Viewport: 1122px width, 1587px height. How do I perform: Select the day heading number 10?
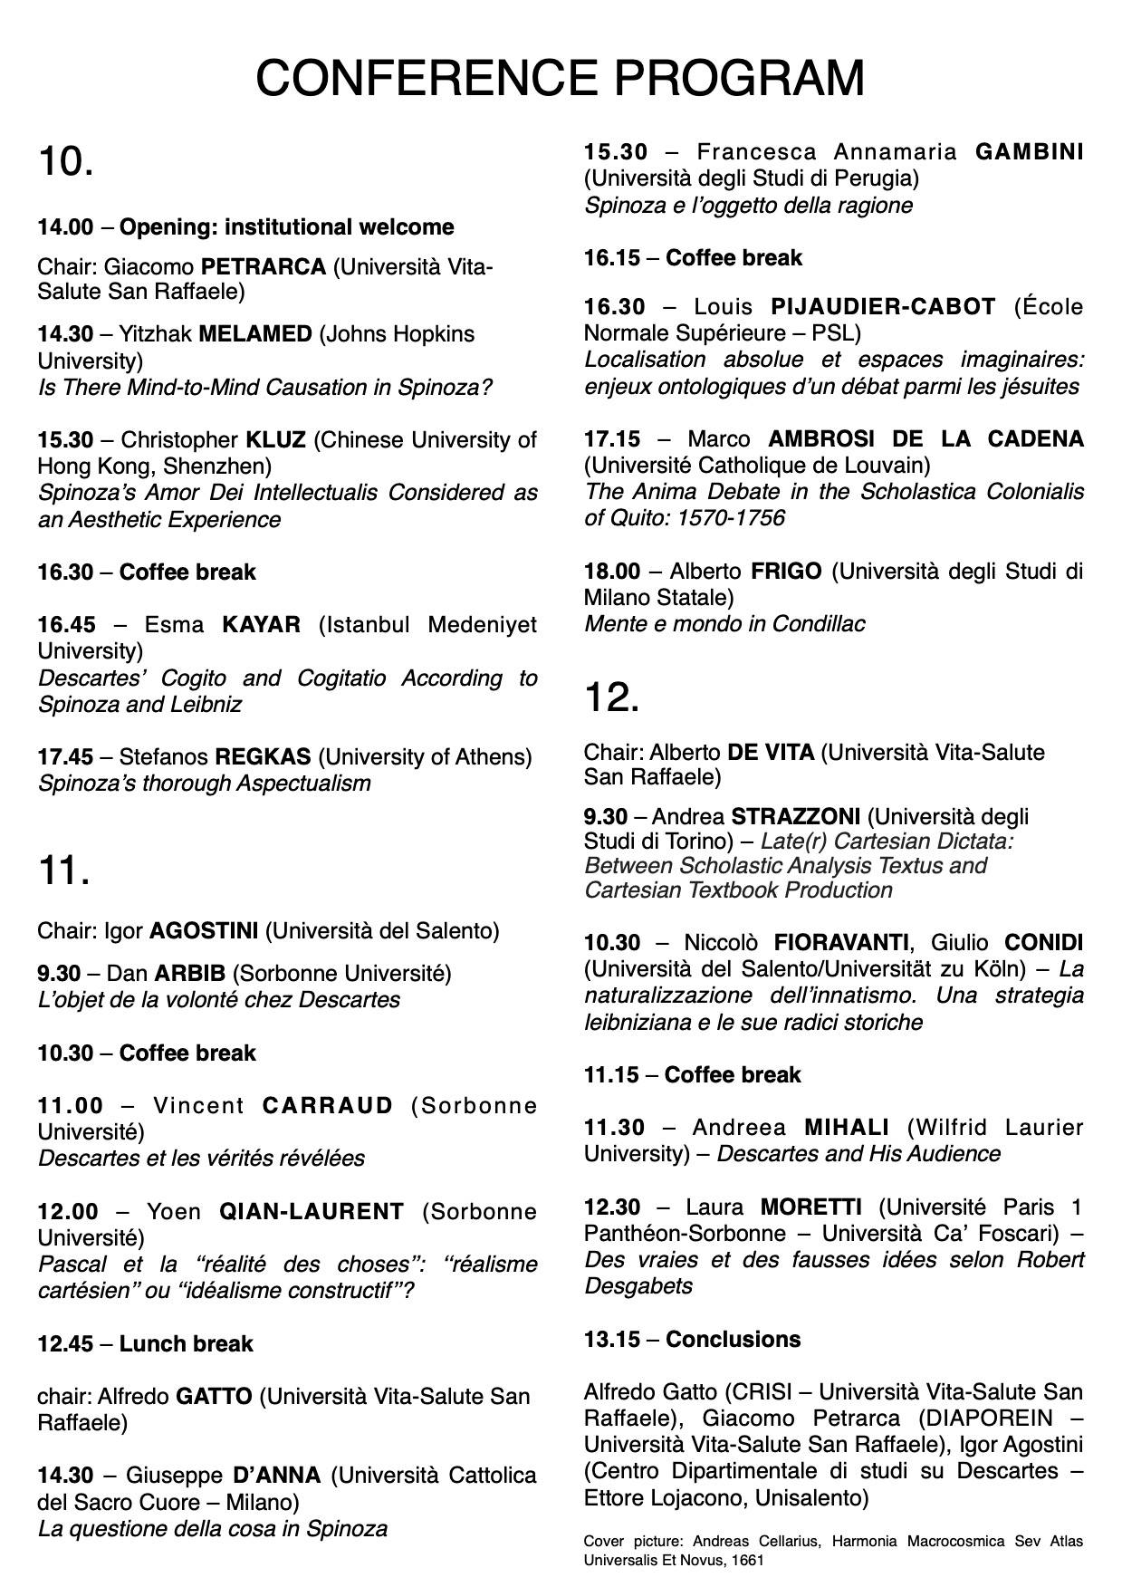tap(66, 162)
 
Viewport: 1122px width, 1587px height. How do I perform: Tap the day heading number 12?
tap(612, 697)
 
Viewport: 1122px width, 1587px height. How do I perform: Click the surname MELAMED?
tap(254, 334)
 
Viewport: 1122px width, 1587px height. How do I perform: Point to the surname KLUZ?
tap(276, 440)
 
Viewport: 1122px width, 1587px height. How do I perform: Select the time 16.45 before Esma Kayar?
tap(66, 625)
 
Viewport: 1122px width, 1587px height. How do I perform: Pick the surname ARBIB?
tap(190, 974)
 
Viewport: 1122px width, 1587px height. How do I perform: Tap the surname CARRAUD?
tap(328, 1106)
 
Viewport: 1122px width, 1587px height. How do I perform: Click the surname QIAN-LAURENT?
tap(312, 1212)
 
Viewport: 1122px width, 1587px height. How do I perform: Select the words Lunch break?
tap(187, 1344)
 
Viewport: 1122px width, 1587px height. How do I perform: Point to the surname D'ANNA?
tap(277, 1476)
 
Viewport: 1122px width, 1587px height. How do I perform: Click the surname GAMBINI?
tap(1029, 151)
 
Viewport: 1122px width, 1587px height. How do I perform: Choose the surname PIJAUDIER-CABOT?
tap(883, 307)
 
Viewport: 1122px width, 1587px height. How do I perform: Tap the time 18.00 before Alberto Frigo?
tap(611, 572)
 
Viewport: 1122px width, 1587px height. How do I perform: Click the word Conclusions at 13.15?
tap(734, 1340)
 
